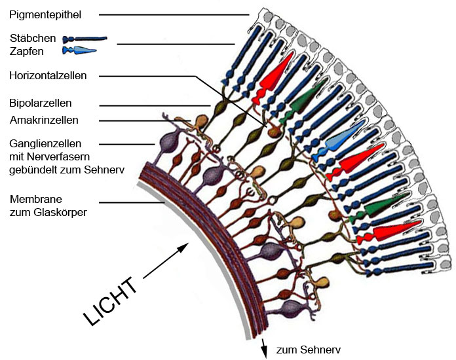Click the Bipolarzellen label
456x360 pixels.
tap(40, 103)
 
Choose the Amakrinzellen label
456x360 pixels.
tap(44, 120)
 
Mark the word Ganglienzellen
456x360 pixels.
tap(45, 143)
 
